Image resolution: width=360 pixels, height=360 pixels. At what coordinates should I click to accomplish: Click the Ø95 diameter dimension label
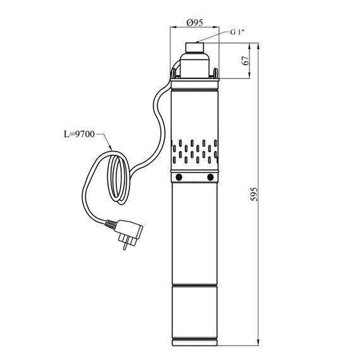(x=195, y=23)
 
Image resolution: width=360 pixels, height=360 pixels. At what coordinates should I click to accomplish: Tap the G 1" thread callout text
(x=237, y=32)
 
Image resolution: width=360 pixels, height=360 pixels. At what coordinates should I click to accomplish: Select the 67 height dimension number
(x=246, y=61)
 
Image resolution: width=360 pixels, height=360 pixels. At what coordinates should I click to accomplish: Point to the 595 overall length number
(x=254, y=195)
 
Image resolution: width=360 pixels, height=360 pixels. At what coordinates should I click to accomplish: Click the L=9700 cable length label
(x=79, y=134)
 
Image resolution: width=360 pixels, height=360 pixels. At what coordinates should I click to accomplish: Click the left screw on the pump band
(x=179, y=177)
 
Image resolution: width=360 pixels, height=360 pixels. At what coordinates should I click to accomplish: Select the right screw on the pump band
(x=210, y=177)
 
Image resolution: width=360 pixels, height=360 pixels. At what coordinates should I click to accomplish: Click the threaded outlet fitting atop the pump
(x=195, y=47)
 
